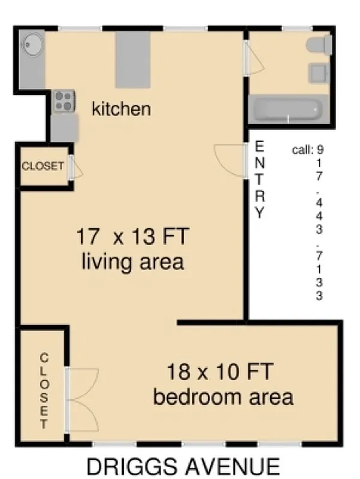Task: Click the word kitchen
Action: click(x=120, y=109)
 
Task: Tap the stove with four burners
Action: click(x=63, y=101)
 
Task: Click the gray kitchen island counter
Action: click(x=132, y=59)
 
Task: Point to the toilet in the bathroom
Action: click(x=318, y=45)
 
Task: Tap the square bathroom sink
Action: click(x=317, y=74)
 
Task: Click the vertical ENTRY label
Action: click(x=259, y=179)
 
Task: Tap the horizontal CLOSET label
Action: click(x=43, y=166)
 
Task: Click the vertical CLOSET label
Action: click(x=44, y=390)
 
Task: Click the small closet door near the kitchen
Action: click(x=75, y=168)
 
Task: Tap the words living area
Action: click(x=132, y=262)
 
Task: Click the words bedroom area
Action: click(x=223, y=396)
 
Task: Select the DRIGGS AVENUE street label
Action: click(x=183, y=466)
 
